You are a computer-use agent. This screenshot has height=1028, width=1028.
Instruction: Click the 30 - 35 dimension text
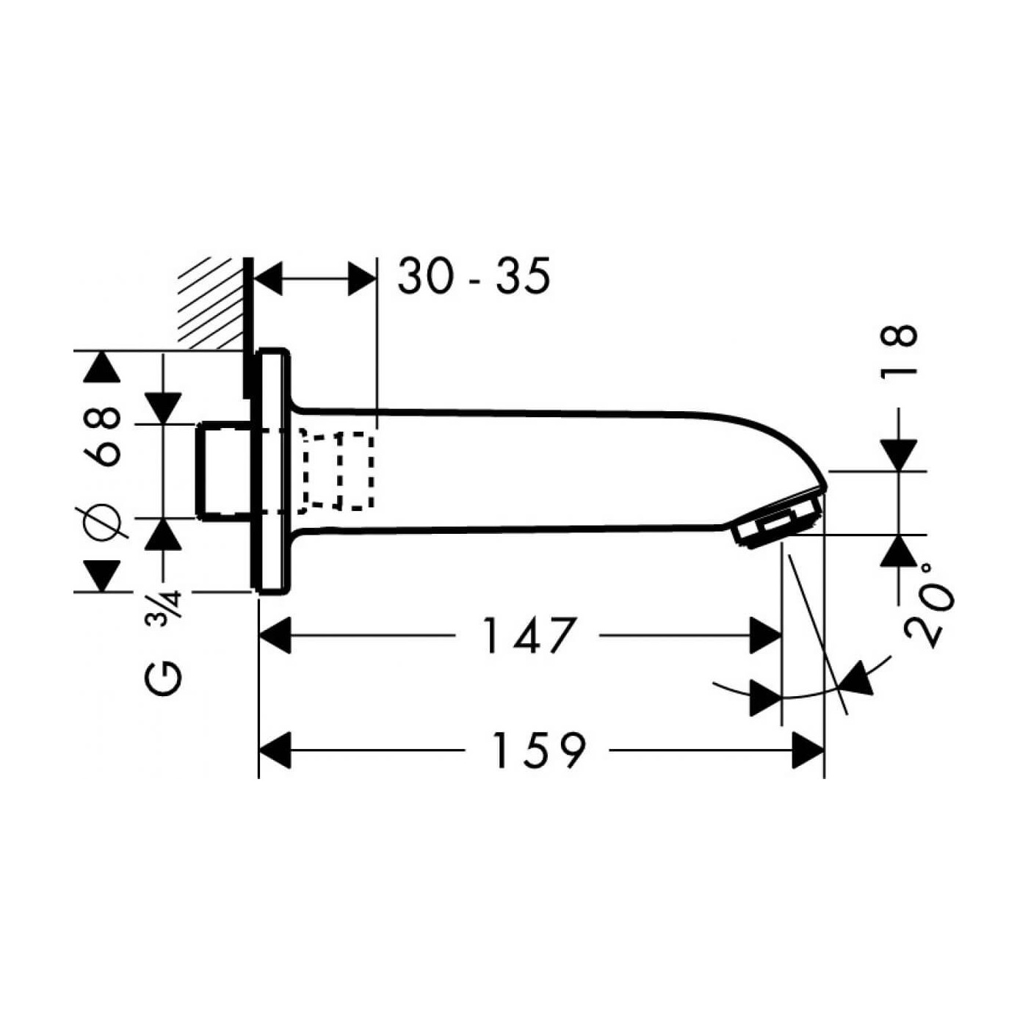[x=474, y=277]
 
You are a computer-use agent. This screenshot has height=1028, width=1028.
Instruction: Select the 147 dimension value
[x=527, y=635]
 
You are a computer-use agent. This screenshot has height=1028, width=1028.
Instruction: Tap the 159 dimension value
[x=538, y=750]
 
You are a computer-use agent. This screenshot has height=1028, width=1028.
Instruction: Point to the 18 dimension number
[x=899, y=350]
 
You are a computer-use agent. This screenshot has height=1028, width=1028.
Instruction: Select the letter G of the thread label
[x=162, y=678]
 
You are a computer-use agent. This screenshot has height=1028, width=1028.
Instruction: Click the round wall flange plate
[x=271, y=470]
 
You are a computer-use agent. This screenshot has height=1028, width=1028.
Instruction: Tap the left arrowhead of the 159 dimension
[x=275, y=750]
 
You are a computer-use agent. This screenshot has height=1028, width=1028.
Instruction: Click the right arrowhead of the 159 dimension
[x=808, y=750]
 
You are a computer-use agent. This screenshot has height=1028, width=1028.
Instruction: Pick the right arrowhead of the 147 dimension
[x=765, y=635]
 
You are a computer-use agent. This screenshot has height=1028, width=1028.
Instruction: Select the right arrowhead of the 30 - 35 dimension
[x=361, y=279]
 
